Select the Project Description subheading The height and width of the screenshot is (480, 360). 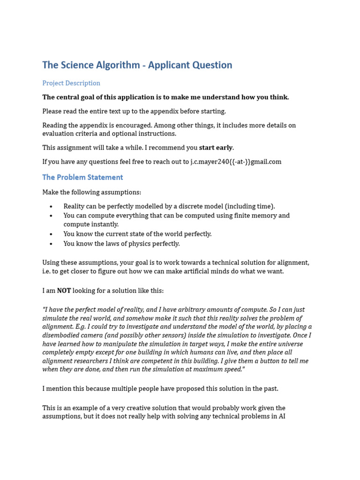tap(71, 83)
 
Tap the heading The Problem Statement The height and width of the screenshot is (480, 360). tap(82, 177)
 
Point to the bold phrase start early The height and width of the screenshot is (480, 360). tap(216, 148)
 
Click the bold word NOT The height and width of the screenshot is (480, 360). tap(64, 291)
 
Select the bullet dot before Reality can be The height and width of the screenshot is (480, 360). tap(51, 206)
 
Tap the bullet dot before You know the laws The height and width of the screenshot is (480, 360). tap(51, 244)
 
